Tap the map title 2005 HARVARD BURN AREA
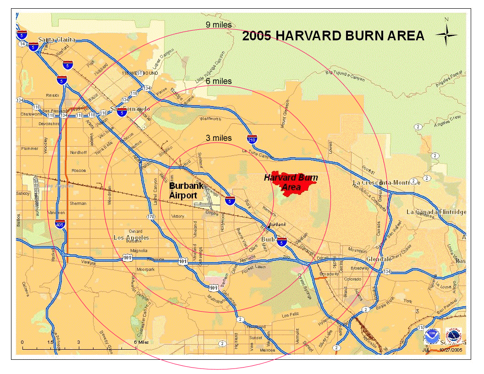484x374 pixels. click(333, 36)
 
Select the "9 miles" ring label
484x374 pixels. click(219, 25)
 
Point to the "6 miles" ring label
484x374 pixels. click(219, 81)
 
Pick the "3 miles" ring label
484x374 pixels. click(219, 138)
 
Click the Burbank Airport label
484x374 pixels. click(186, 191)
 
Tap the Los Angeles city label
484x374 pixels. click(131, 237)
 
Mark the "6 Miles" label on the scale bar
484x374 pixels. click(141, 342)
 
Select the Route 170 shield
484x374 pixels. click(151, 216)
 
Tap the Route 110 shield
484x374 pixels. click(421, 328)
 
